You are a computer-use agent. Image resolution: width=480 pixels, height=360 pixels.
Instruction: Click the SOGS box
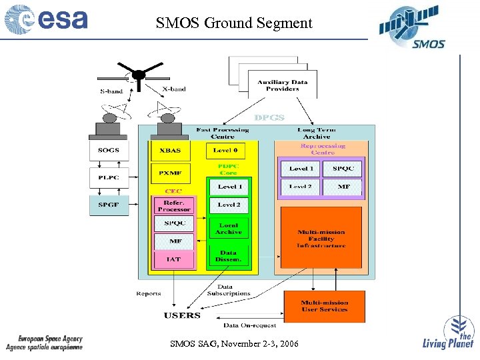pos(109,150)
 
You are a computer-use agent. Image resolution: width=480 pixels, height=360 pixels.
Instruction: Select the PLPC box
pos(109,177)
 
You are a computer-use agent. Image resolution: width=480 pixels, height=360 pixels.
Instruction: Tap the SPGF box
pos(109,205)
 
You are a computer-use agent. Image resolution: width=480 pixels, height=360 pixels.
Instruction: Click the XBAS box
pos(170,151)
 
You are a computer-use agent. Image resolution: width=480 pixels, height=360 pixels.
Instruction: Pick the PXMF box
pos(170,173)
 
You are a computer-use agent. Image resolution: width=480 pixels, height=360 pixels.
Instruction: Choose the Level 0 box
pos(229,151)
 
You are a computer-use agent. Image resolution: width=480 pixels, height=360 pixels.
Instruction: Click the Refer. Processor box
pos(174,205)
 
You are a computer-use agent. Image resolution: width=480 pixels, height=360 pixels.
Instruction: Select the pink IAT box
pos(174,259)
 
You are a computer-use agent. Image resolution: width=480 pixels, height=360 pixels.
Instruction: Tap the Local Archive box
pos(229,229)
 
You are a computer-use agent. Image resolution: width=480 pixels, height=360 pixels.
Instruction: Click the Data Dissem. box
pos(229,255)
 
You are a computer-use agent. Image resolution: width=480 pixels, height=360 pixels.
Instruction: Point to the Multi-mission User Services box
pos(324,306)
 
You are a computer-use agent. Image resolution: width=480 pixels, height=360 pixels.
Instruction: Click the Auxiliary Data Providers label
pos(283,85)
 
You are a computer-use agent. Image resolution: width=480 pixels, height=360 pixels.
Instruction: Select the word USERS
pos(182,315)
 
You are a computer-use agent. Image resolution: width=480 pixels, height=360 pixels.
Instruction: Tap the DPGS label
pos(269,117)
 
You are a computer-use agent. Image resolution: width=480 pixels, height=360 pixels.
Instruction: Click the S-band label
pos(111,91)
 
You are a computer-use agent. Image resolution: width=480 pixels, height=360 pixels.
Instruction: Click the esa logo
pos(46,20)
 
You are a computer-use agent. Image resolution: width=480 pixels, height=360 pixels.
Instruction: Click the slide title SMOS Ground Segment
pos(234,23)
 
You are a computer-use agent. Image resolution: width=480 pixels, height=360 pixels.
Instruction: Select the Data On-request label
pos(249,325)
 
